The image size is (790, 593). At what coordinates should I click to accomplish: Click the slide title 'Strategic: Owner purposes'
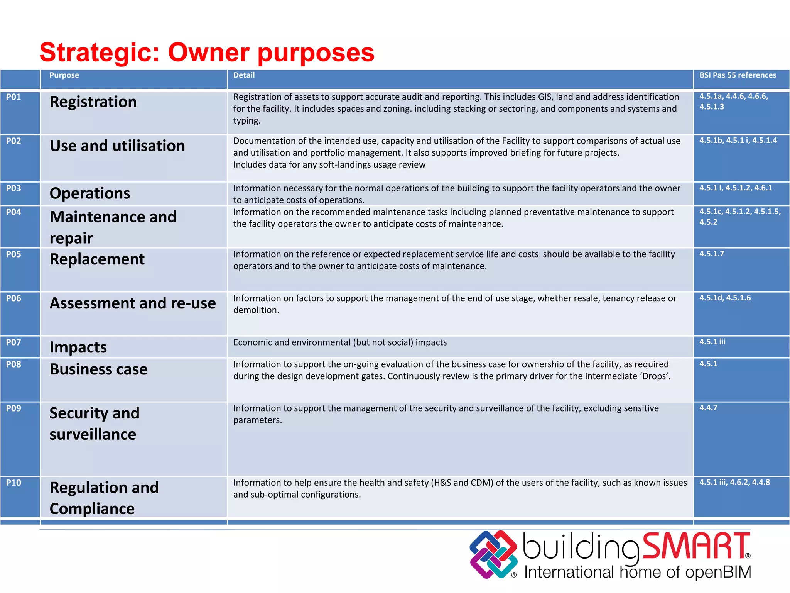[x=207, y=53]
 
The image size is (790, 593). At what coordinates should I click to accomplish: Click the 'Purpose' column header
[x=64, y=75]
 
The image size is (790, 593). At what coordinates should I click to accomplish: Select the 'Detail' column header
[x=244, y=75]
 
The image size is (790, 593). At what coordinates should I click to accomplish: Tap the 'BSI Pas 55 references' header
[x=738, y=75]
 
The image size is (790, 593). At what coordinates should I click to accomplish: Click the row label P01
[x=14, y=97]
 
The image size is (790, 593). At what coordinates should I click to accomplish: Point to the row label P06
[x=14, y=298]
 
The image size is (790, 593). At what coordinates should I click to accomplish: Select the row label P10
[x=14, y=483]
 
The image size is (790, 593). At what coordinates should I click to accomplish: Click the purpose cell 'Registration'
[x=93, y=102]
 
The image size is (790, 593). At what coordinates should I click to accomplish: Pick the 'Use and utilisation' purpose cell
[x=117, y=146]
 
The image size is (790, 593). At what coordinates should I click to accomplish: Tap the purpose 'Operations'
[x=90, y=193]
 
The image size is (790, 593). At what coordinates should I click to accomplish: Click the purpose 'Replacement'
[x=97, y=259]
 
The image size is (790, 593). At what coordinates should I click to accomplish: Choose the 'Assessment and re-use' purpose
[x=133, y=303]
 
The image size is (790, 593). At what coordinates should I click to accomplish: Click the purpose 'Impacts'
[x=78, y=347]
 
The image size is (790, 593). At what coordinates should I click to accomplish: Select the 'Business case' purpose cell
[x=98, y=369]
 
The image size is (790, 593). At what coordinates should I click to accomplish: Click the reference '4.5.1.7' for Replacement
[x=712, y=254]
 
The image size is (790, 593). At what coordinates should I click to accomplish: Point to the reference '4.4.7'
[x=708, y=408]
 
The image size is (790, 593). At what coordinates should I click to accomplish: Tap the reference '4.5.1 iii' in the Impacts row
[x=712, y=342]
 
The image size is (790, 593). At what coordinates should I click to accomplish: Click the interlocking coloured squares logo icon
[x=493, y=554]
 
